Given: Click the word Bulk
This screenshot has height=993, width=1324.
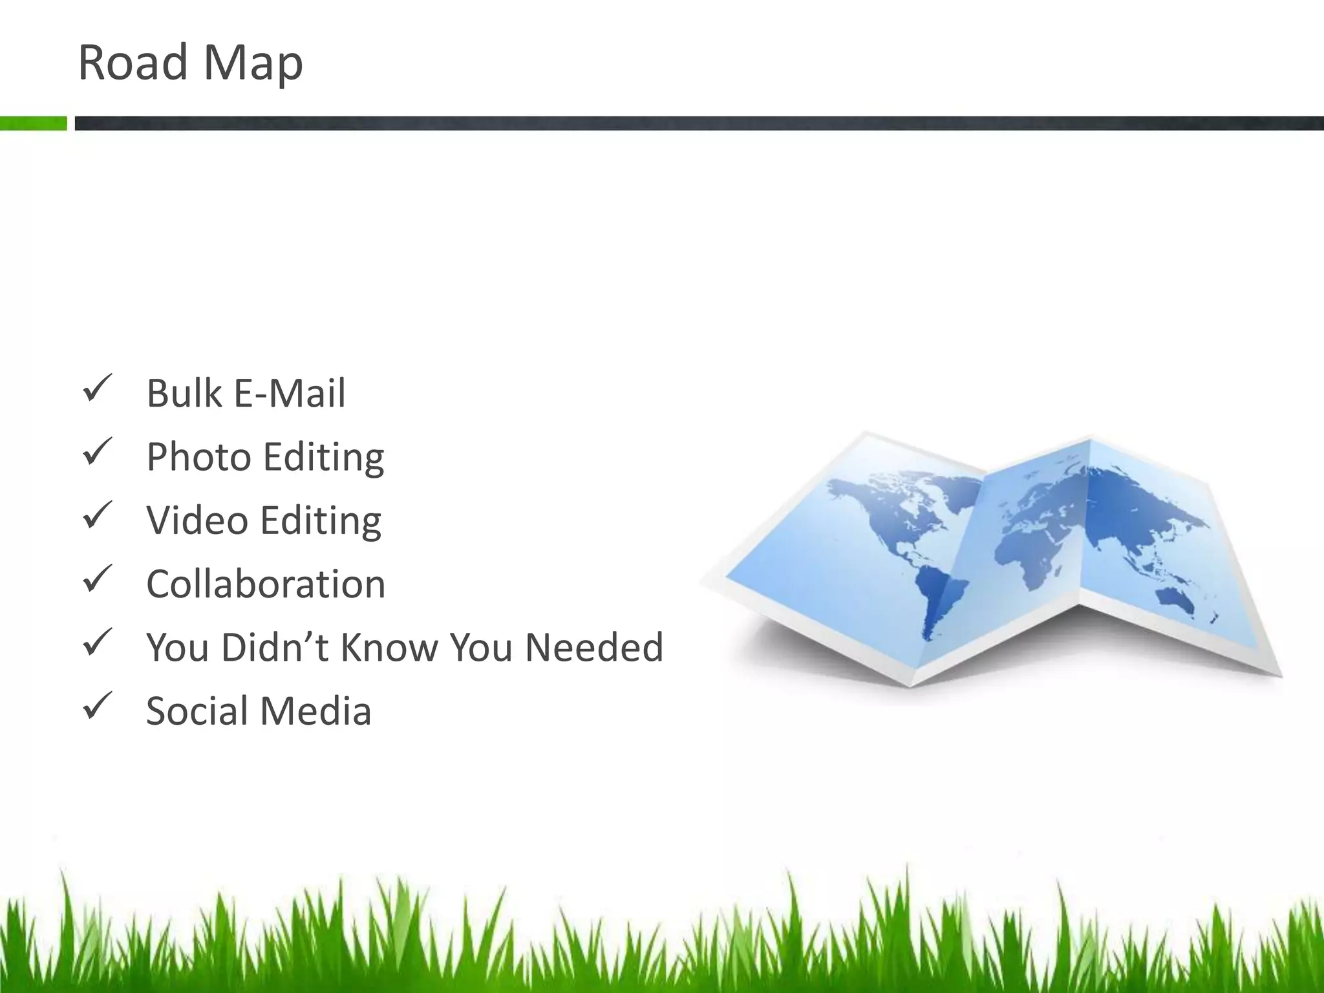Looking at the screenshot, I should click(184, 392).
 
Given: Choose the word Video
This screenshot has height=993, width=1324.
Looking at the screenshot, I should click(197, 520).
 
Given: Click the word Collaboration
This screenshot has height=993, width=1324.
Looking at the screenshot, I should click(266, 584).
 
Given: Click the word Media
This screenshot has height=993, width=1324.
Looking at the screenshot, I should click(316, 710).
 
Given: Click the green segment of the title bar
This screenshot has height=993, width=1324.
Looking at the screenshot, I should click(33, 123).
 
